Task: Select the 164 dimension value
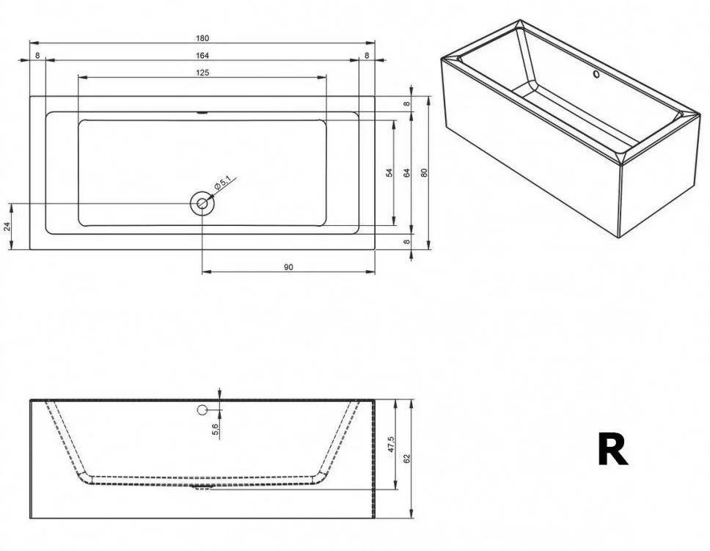pos(202,56)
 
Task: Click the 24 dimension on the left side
pos(8,227)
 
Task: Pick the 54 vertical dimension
pos(389,173)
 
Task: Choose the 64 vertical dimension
pos(406,173)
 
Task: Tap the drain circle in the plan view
pos(202,203)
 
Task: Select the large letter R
pos(612,450)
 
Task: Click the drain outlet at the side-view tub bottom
pos(200,485)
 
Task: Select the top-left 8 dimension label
pos(37,56)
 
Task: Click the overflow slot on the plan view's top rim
pos(202,113)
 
